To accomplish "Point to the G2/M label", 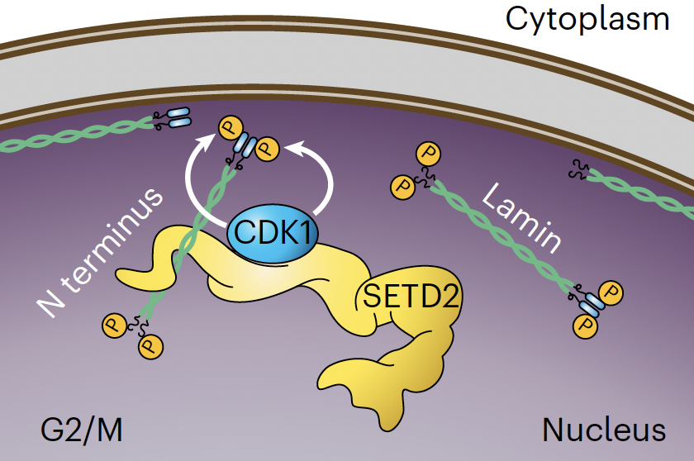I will point(81,430).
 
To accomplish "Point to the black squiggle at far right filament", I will point(578,171).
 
